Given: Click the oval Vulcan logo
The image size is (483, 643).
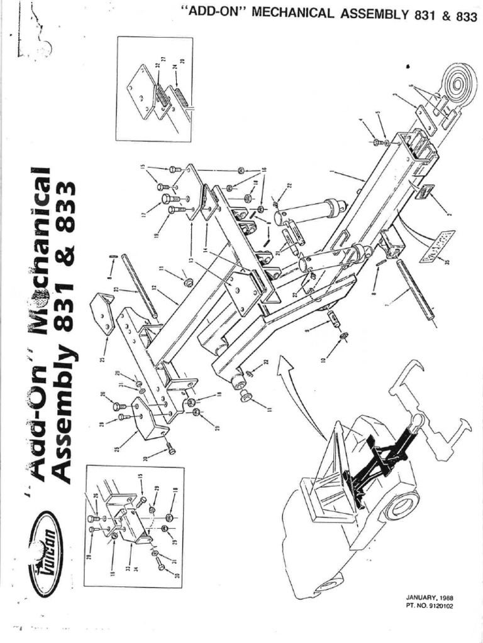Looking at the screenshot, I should click(46, 553).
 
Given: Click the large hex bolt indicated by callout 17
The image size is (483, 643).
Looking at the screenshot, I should click(167, 200).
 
